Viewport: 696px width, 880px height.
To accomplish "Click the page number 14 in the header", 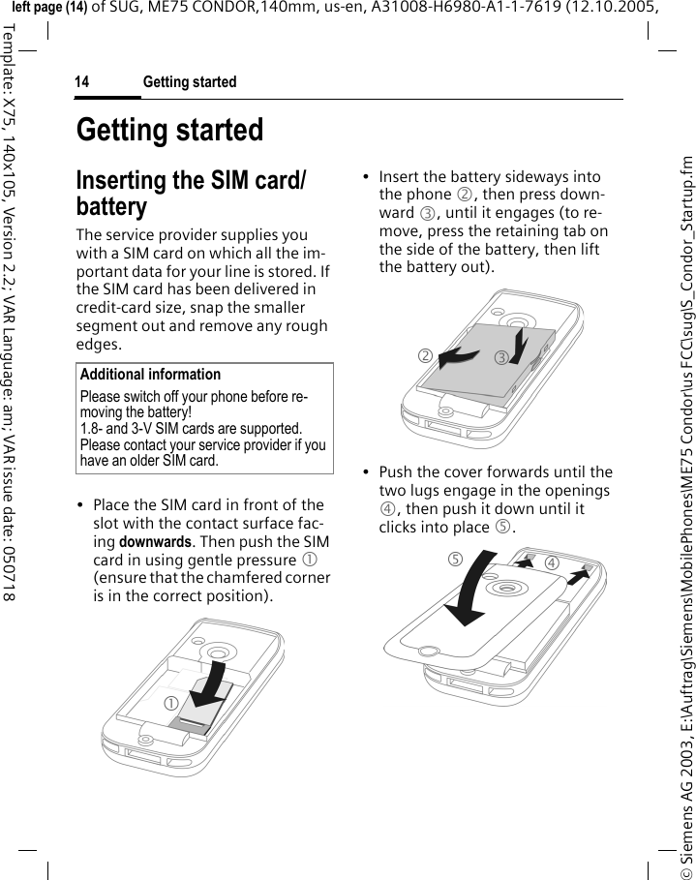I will (x=82, y=83).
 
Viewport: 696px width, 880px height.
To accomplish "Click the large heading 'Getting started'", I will (x=169, y=131).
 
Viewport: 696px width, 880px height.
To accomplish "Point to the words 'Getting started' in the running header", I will (x=190, y=83).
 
